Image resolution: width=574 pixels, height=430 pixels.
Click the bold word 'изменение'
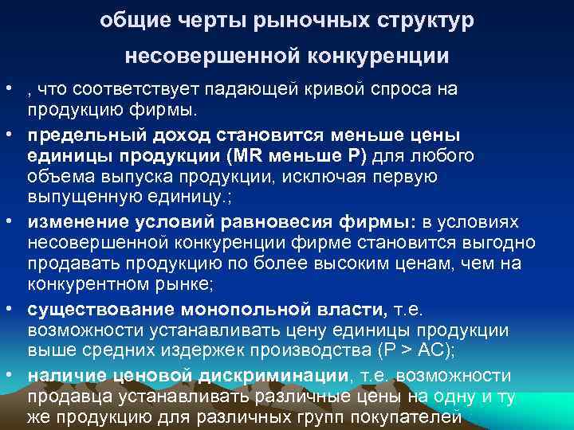click(x=75, y=221)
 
